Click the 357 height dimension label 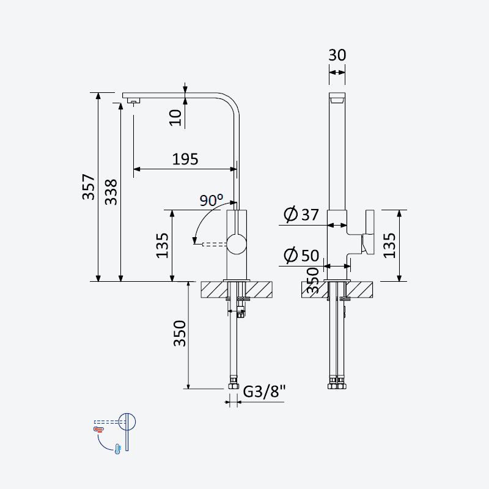tap(88, 187)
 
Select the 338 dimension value tap(111, 192)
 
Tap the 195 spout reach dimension tap(185, 159)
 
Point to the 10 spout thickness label tap(175, 117)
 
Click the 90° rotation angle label tap(211, 200)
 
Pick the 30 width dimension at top tap(337, 55)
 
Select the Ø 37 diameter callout tap(301, 215)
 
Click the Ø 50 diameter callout tap(301, 255)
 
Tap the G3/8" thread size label tap(264, 391)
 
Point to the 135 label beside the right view tap(389, 246)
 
